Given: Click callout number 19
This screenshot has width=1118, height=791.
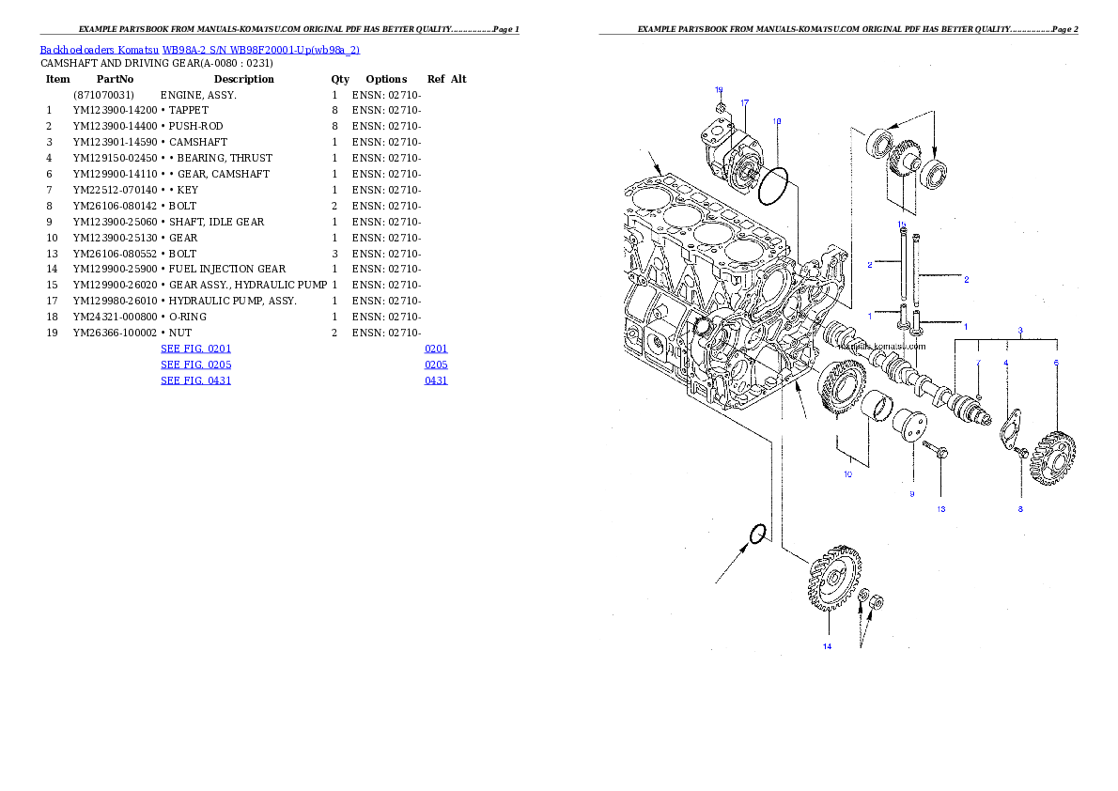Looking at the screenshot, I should pyautogui.click(x=719, y=90).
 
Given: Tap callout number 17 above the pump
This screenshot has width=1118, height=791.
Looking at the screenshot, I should pyautogui.click(x=744, y=101).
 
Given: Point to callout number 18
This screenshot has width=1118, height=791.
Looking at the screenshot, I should pyautogui.click(x=777, y=121).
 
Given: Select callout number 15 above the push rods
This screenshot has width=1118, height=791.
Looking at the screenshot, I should pyautogui.click(x=902, y=225).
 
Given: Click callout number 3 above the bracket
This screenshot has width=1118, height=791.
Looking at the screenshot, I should pyautogui.click(x=1020, y=331).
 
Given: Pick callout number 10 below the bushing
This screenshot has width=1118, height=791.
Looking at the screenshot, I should pyautogui.click(x=847, y=474).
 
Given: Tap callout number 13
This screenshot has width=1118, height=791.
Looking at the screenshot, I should pyautogui.click(x=940, y=509).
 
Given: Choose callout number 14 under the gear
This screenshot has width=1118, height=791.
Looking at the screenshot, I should pyautogui.click(x=827, y=645).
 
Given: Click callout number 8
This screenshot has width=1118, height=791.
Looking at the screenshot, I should pyautogui.click(x=1020, y=509).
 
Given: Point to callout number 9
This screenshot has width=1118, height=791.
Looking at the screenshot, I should pyautogui.click(x=911, y=493).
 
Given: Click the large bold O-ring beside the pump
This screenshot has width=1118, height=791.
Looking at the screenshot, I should pyautogui.click(x=772, y=186).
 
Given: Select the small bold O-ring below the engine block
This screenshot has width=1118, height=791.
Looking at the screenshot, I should pyautogui.click(x=757, y=535).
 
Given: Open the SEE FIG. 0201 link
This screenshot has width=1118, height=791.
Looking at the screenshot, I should pyautogui.click(x=195, y=349).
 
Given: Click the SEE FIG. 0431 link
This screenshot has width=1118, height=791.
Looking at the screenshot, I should pyautogui.click(x=195, y=380).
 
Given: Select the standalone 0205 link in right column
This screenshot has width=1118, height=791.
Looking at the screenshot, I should pyautogui.click(x=435, y=364).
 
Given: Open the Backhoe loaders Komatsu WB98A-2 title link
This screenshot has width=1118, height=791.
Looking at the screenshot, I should pyautogui.click(x=199, y=50).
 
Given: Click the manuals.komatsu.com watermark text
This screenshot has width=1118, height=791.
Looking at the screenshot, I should pyautogui.click(x=880, y=346).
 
